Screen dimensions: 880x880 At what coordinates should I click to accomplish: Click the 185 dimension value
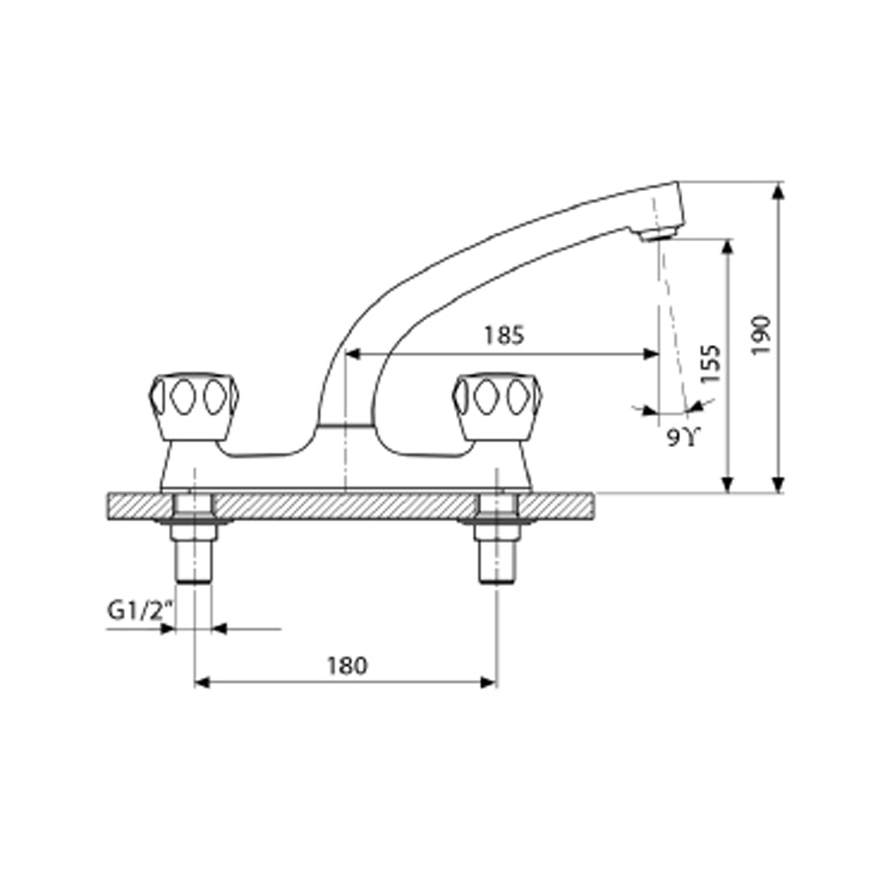(503, 335)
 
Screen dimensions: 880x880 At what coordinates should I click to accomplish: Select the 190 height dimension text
(762, 334)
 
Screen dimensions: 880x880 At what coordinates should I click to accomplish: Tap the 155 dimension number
(711, 363)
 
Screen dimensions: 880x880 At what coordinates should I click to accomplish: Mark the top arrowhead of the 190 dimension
(777, 190)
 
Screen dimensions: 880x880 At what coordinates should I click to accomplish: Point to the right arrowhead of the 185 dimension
(651, 354)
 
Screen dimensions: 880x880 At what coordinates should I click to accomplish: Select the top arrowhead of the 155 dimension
(727, 246)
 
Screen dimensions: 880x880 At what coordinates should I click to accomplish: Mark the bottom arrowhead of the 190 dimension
(777, 485)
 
